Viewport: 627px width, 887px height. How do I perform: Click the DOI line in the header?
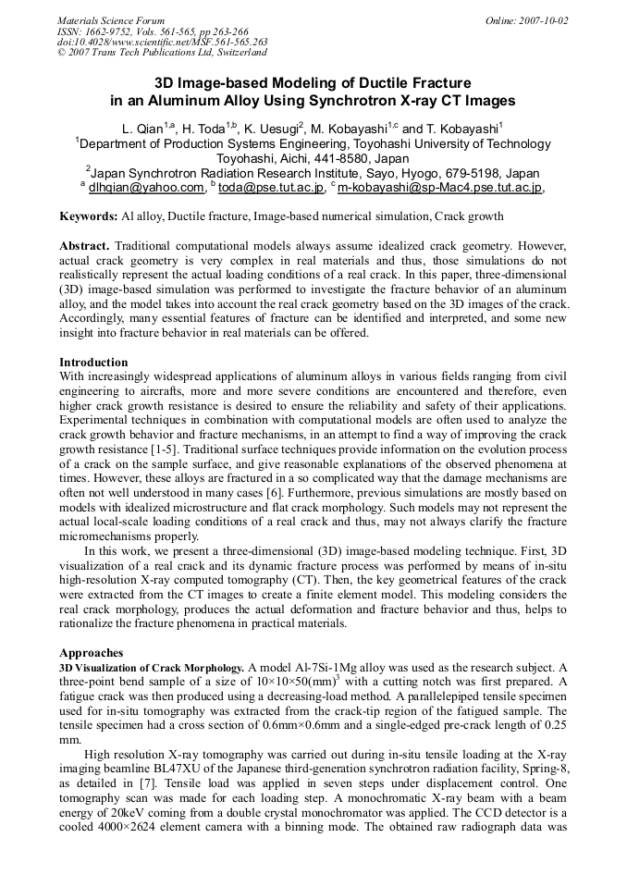(x=162, y=42)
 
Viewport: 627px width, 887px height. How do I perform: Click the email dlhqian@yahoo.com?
(x=145, y=188)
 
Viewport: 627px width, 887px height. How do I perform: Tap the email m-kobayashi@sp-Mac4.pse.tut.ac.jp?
(x=439, y=188)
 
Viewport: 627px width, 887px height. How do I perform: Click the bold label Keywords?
(x=88, y=216)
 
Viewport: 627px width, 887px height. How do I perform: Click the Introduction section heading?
(x=93, y=362)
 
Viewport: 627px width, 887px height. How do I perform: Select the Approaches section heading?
(x=91, y=652)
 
